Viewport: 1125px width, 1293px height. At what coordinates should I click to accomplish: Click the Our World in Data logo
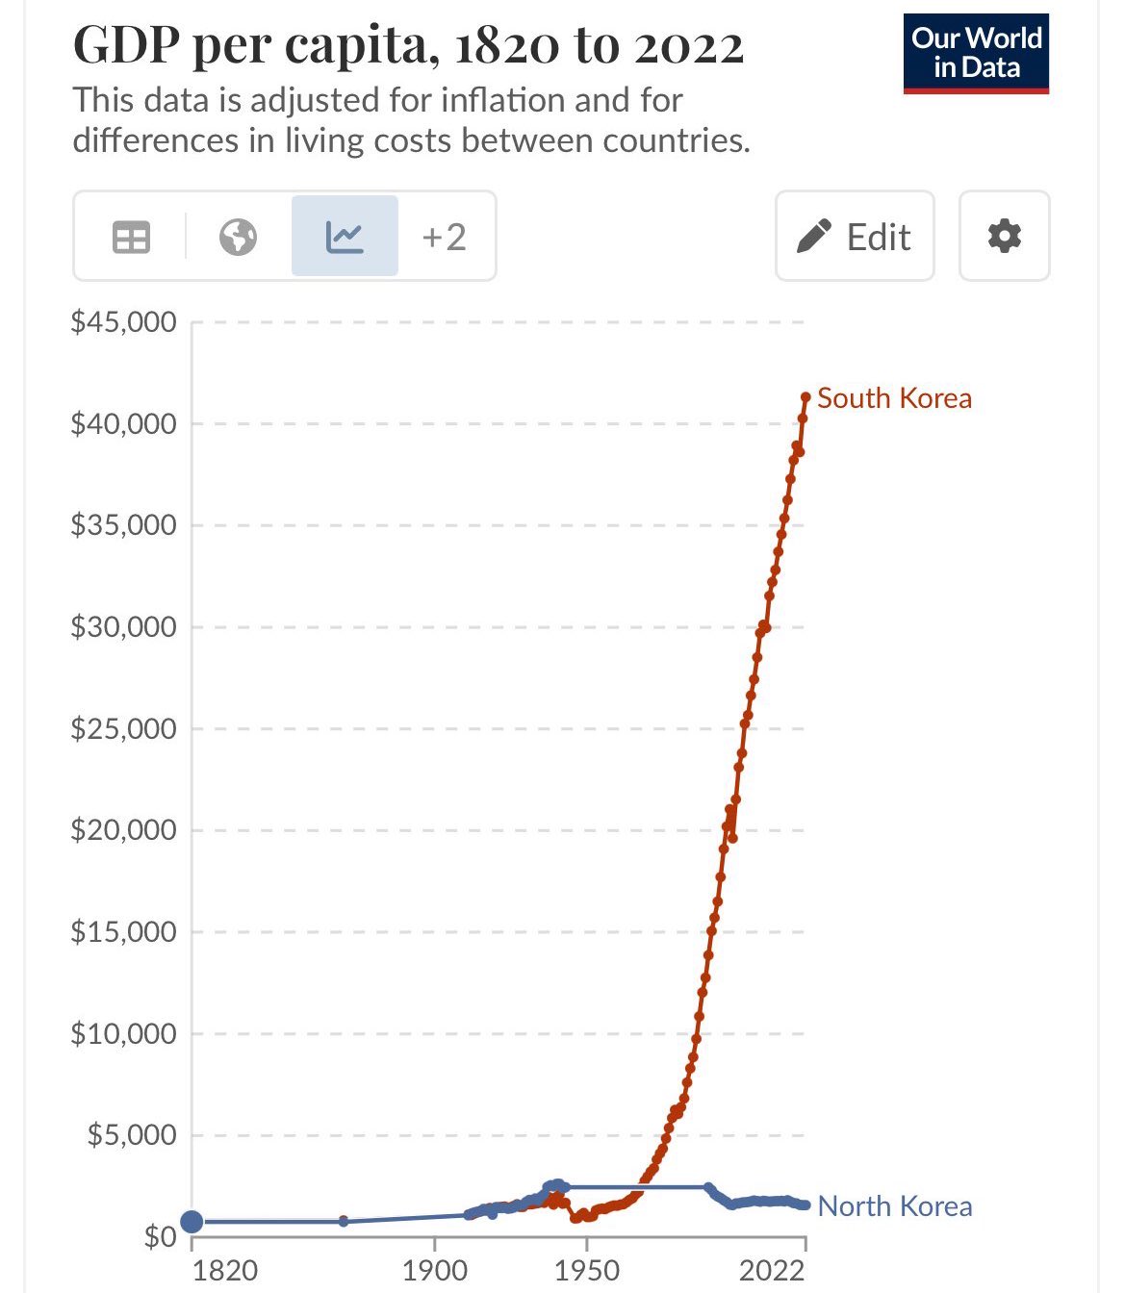click(976, 54)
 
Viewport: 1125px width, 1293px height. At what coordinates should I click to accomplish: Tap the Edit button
click(855, 237)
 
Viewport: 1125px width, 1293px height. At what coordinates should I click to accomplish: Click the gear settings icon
click(1004, 237)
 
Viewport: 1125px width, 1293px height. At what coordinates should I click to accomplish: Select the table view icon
click(131, 237)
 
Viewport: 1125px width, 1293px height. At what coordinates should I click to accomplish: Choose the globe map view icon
click(238, 237)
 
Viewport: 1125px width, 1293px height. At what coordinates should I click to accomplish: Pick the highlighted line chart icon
click(345, 237)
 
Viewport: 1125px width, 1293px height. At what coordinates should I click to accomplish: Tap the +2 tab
click(444, 237)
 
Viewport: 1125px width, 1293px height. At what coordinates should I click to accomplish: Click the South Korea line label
click(894, 398)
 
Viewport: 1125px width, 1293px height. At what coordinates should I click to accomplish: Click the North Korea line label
click(894, 1206)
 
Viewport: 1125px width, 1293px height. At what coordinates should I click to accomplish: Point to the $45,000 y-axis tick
click(123, 322)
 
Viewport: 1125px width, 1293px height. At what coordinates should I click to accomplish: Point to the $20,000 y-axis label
click(123, 830)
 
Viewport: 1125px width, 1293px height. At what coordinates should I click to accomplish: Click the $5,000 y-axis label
click(132, 1135)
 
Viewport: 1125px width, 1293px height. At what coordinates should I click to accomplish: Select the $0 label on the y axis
click(160, 1236)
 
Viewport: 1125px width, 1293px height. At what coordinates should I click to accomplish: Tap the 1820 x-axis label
click(225, 1271)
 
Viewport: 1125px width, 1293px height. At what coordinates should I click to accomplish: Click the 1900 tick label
click(435, 1271)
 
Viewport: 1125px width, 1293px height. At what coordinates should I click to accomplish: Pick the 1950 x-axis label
click(587, 1271)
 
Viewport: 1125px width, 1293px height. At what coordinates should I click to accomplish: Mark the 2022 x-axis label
click(772, 1271)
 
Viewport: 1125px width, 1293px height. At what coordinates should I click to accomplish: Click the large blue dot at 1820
click(192, 1222)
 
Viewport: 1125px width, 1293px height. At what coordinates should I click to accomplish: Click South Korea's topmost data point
click(805, 396)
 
